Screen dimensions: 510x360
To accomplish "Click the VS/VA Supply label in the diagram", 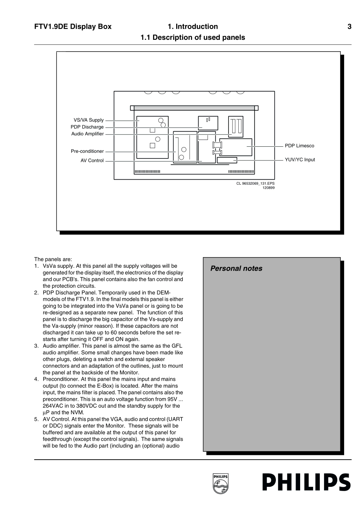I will pyautogui.click(x=88, y=120).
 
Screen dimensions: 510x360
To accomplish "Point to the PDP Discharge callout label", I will pyautogui.click(x=87, y=127).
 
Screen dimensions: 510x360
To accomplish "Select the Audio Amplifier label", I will pyautogui.click(x=87, y=134).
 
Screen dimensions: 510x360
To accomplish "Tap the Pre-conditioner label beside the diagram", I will pyautogui.click(x=87, y=151).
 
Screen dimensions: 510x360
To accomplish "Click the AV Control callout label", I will pyautogui.click(x=92, y=160).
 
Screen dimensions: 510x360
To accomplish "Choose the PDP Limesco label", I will pyautogui.click(x=299, y=146).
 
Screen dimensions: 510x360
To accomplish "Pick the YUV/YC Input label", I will pyautogui.click(x=300, y=160).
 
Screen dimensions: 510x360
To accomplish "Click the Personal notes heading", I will pyautogui.click(x=236, y=268).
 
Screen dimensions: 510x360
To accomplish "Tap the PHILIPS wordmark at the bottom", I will pyautogui.click(x=306, y=483).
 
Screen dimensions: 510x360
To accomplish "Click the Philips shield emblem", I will pyautogui.click(x=221, y=483).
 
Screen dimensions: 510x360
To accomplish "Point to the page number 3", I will pyautogui.click(x=349, y=27).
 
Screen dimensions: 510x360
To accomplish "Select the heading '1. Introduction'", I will pyautogui.click(x=193, y=27).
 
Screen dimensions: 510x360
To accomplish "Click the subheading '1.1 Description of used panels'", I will pyautogui.click(x=193, y=38).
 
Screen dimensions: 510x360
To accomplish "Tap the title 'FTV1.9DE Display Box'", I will pyautogui.click(x=73, y=27).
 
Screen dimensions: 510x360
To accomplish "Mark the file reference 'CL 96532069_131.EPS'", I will pyautogui.click(x=255, y=184).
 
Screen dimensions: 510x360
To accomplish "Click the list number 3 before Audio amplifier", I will pyautogui.click(x=36, y=346).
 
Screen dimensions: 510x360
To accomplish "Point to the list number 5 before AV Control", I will pyautogui.click(x=36, y=419).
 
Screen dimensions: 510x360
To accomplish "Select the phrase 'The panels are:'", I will pyautogui.click(x=53, y=259).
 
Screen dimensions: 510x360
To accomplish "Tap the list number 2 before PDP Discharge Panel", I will pyautogui.click(x=36, y=293).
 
